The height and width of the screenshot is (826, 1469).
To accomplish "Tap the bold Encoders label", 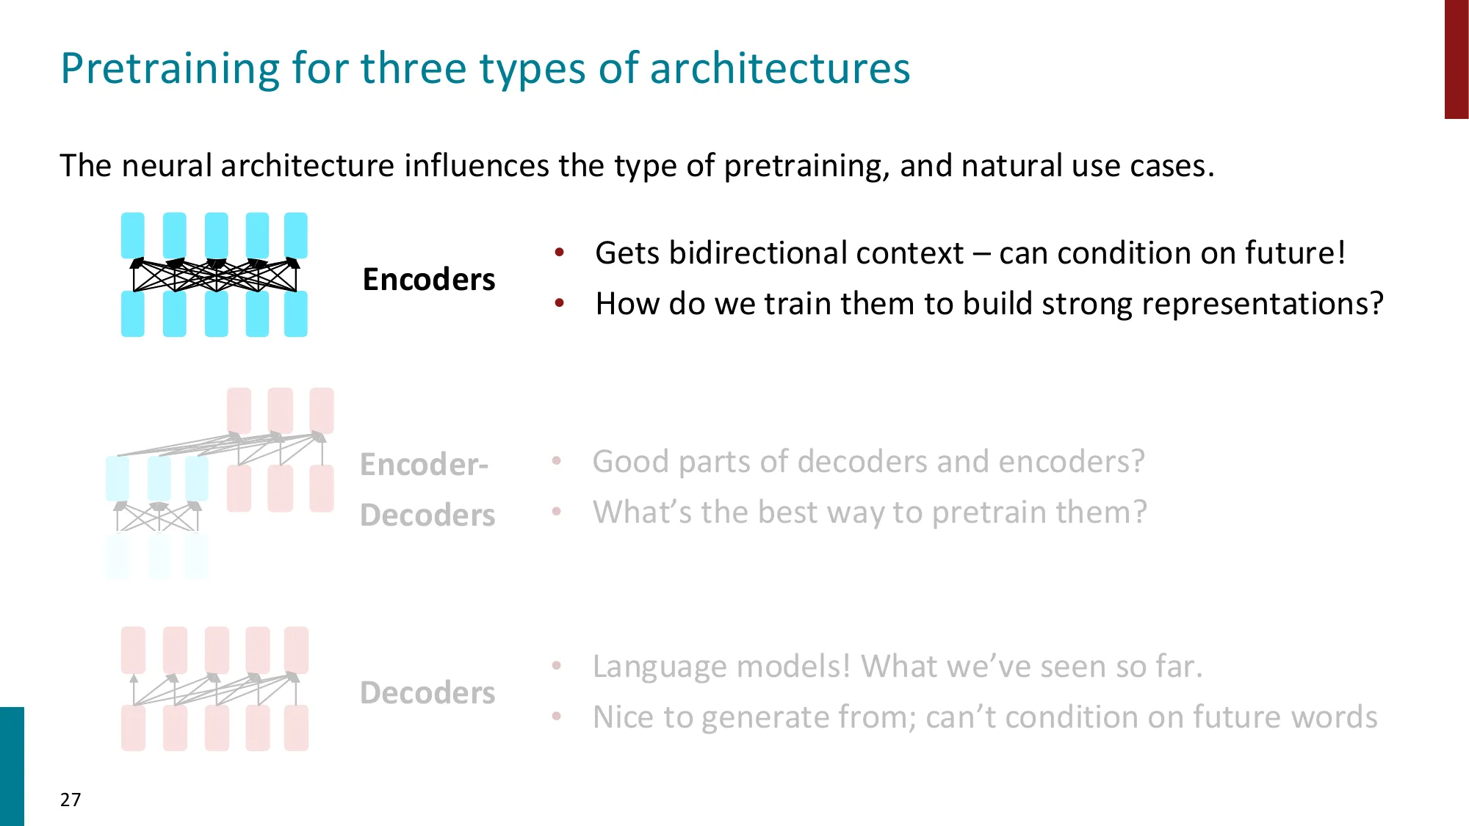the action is (x=429, y=280).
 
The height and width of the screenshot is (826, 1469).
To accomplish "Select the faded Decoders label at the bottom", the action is (x=427, y=693).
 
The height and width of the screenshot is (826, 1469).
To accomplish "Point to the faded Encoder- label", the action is (x=424, y=465).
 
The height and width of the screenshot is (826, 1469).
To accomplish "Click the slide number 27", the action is (x=71, y=800).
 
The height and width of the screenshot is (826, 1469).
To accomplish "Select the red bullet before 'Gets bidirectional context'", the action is (x=560, y=253).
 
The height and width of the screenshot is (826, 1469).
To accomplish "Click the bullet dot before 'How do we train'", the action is (x=560, y=302).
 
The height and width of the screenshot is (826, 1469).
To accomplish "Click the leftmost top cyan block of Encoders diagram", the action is (x=133, y=235).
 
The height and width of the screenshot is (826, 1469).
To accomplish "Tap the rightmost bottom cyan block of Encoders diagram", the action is (x=296, y=314).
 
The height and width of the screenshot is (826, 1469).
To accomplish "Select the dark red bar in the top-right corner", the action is (x=1457, y=59).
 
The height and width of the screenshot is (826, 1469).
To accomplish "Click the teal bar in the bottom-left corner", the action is (x=12, y=767).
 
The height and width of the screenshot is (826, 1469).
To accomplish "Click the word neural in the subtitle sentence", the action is (x=167, y=166).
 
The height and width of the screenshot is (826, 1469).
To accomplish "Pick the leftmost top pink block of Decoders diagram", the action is (x=133, y=650).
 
